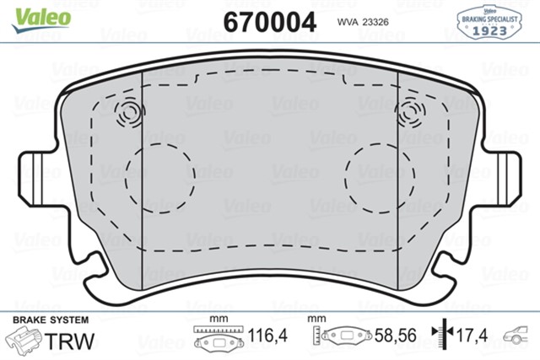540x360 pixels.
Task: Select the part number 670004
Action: [x=270, y=21]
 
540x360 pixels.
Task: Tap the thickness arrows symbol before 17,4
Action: [x=439, y=336]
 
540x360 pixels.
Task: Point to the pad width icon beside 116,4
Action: [x=219, y=338]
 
